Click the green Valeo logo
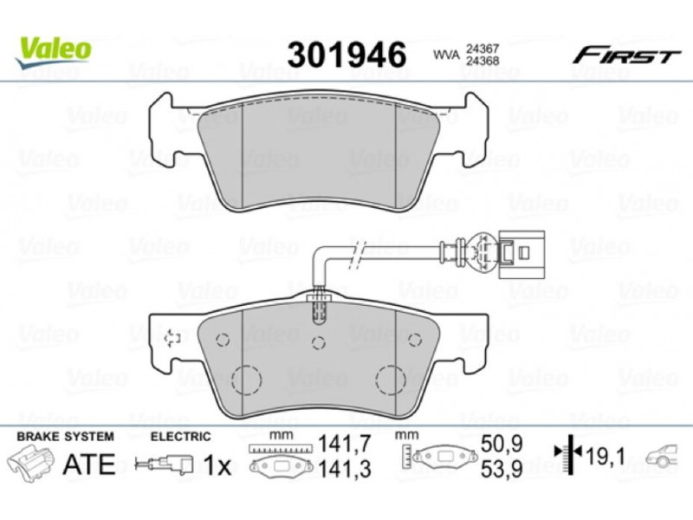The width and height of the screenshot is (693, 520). point(54,52)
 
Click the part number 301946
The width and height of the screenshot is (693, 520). point(346,55)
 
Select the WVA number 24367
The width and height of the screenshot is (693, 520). point(482,49)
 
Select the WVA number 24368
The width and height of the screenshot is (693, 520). point(482,61)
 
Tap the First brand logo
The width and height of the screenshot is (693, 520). point(626,55)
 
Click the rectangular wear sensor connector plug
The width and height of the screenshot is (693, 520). point(521,255)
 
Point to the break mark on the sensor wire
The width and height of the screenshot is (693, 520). point(357,256)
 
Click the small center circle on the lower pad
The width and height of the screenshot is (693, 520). point(318,342)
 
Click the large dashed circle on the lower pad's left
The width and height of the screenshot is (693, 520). point(246,380)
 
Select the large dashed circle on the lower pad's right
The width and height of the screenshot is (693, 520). point(391,380)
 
